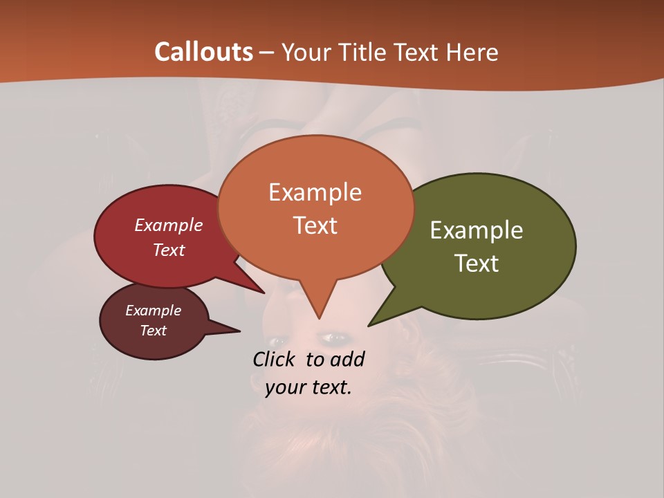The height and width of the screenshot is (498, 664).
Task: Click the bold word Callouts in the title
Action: [203, 52]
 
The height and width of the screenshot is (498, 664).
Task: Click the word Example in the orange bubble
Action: [315, 192]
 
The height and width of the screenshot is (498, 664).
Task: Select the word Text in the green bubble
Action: [477, 264]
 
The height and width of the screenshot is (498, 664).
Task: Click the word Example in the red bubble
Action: [168, 225]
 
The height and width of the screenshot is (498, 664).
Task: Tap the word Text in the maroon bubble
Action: [153, 331]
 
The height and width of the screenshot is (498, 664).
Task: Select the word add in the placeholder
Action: [347, 359]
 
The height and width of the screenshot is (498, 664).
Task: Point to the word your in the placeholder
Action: [285, 387]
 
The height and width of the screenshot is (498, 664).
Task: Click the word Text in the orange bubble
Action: [315, 225]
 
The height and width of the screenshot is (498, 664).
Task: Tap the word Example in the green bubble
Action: [477, 230]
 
